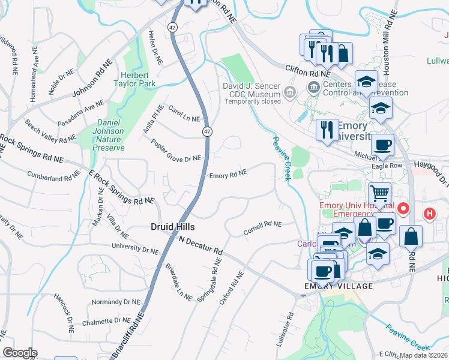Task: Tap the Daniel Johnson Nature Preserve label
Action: [110, 135]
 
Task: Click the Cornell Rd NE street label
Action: [262, 228]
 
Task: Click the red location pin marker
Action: [403, 209]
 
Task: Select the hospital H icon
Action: [429, 213]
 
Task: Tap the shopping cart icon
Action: [379, 194]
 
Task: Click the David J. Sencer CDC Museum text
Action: [252, 90]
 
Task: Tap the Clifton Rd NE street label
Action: [304, 73]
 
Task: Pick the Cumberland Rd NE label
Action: [53, 175]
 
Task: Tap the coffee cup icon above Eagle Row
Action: [382, 145]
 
